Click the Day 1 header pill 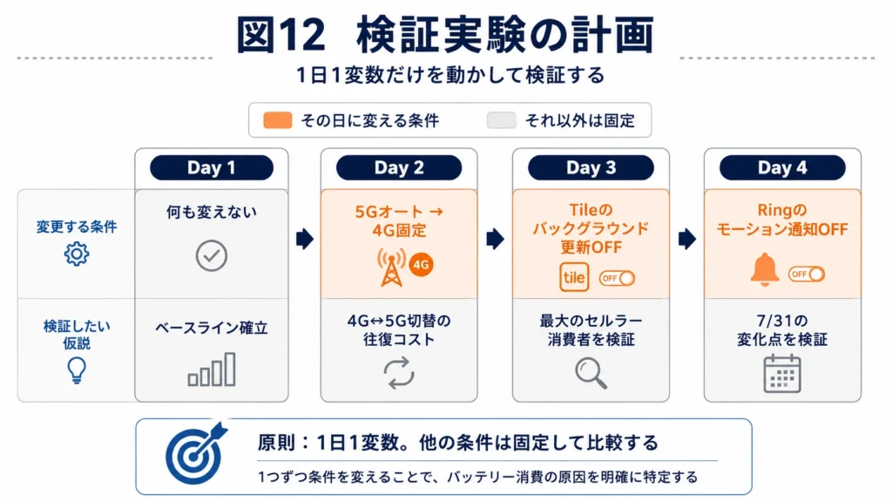212,168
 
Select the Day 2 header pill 399,168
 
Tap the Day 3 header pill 591,168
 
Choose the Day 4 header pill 782,168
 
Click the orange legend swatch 278,120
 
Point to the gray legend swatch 501,120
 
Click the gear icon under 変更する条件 77,254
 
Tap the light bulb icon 77,370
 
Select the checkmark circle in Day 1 212,255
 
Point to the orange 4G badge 421,265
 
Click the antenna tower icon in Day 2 391,268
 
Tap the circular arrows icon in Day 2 399,373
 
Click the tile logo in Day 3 573,277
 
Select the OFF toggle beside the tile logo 618,278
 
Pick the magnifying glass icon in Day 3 591,373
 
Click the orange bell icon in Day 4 765,269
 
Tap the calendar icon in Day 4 782,373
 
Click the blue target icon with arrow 194,454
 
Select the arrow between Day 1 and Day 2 305,239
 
